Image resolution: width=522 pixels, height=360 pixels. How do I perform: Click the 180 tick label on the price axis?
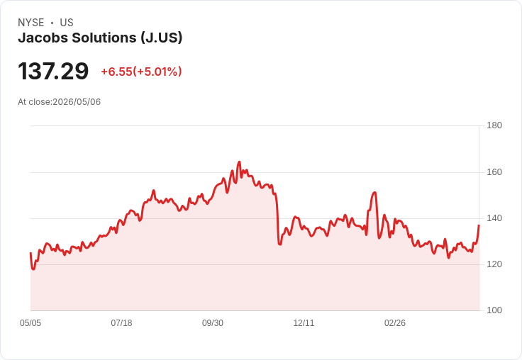(x=494, y=125)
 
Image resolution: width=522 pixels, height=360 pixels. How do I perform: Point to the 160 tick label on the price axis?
(x=494, y=172)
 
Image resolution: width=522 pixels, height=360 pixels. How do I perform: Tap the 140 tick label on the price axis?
(x=494, y=218)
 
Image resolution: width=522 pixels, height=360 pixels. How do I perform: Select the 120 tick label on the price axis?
(x=494, y=264)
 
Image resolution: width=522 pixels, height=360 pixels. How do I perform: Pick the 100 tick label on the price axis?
(x=494, y=310)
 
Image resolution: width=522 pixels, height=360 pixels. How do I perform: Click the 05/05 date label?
(x=30, y=323)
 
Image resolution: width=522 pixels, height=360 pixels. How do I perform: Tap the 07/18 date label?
(x=121, y=323)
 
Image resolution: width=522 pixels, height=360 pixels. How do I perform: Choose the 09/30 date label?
(x=213, y=323)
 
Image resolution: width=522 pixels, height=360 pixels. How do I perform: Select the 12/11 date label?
(x=304, y=323)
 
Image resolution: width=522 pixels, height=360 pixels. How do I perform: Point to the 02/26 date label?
(x=395, y=323)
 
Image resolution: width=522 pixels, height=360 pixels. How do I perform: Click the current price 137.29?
(x=53, y=71)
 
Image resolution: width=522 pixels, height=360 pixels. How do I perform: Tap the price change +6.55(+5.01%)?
(x=141, y=72)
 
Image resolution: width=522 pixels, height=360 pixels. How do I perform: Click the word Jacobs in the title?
(x=43, y=38)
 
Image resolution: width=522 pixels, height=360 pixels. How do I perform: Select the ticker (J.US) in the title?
(x=161, y=38)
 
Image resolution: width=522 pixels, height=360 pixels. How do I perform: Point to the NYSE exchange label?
(x=31, y=23)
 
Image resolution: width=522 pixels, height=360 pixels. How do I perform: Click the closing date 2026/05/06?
(x=77, y=102)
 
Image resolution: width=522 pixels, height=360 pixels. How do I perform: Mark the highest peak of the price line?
(x=239, y=162)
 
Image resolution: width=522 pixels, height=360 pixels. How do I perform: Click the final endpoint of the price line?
(x=479, y=225)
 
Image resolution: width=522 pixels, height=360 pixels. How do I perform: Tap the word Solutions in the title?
(x=104, y=38)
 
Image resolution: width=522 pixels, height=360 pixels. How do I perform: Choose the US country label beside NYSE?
(x=67, y=23)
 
